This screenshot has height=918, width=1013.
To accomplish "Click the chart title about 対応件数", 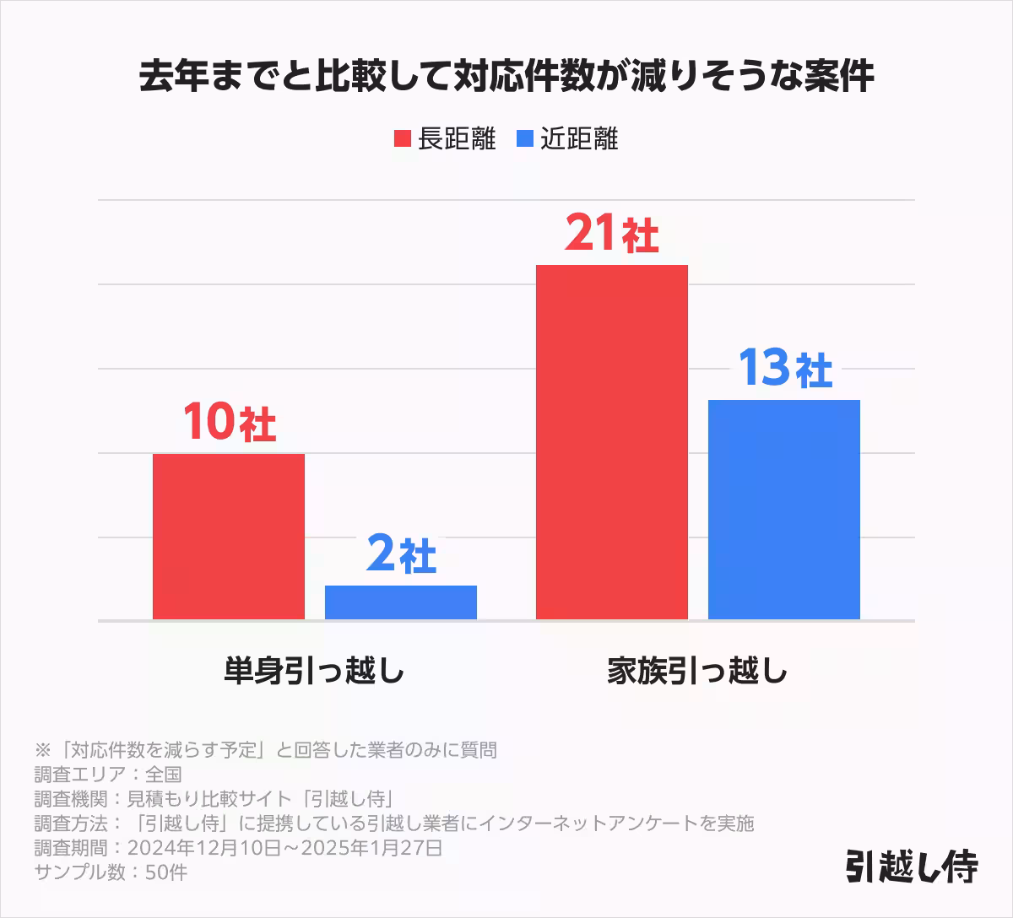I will (506, 77).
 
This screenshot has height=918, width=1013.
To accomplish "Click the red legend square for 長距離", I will (402, 139).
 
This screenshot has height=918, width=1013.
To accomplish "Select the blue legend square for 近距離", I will (524, 139).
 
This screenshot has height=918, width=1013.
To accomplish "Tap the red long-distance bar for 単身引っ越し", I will (228, 537).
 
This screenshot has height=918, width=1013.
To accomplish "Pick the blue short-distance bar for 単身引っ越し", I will (400, 602).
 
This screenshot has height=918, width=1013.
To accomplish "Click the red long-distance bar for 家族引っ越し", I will (611, 442).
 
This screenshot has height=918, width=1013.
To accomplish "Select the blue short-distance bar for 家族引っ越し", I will (783, 510).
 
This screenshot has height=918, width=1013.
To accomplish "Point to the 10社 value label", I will (229, 422).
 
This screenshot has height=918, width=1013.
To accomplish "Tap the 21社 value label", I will (611, 234).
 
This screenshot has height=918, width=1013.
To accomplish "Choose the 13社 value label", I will (784, 369).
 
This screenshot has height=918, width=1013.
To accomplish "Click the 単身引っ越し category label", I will (314, 672).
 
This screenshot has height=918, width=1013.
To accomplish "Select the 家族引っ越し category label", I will (697, 672).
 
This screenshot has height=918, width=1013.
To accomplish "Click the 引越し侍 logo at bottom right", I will (911, 865).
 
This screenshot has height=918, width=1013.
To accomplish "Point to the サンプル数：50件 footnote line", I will (111, 872).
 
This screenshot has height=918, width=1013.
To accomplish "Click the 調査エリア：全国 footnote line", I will (108, 774).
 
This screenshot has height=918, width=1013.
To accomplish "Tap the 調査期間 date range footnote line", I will (238, 847).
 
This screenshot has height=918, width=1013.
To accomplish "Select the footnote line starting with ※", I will (265, 749).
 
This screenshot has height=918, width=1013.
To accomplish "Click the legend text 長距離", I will (457, 139).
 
